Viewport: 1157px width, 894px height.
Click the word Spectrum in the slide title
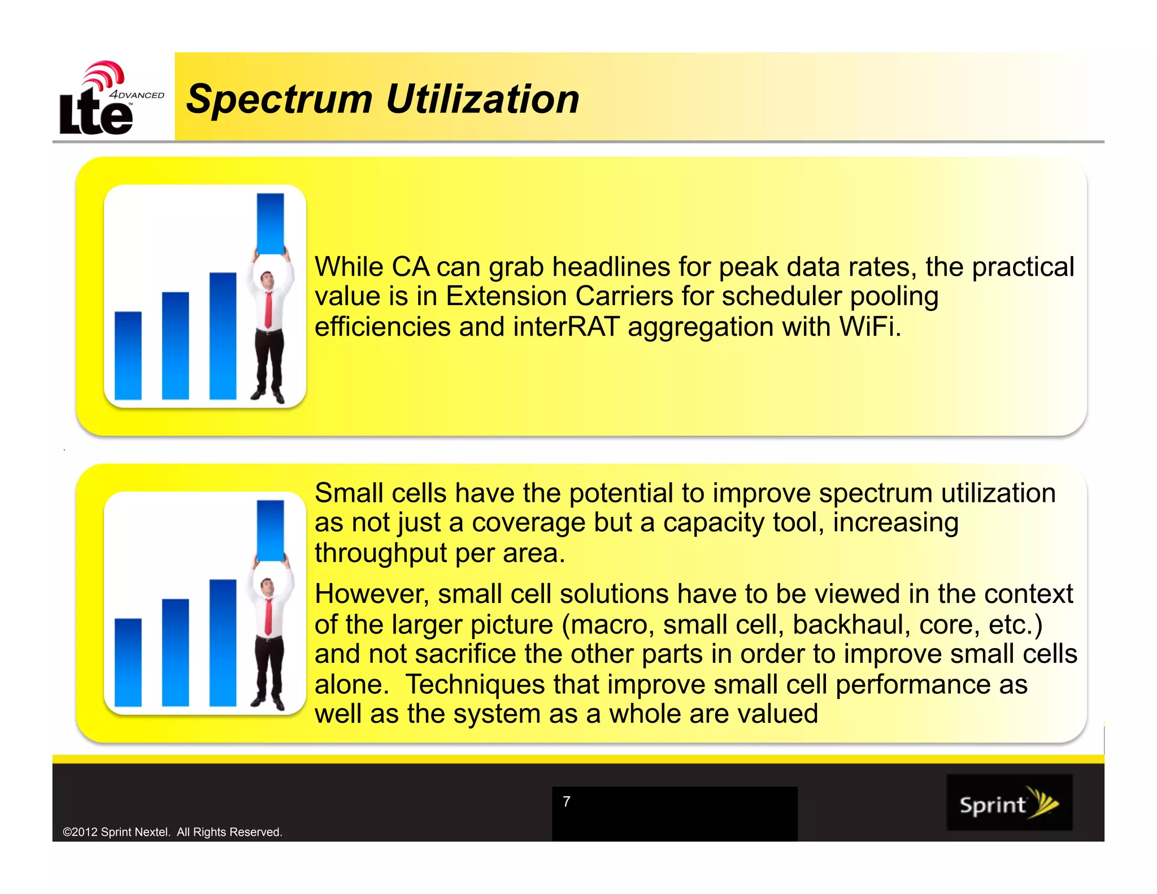pos(279,99)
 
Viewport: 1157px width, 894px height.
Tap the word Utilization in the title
pos(482,99)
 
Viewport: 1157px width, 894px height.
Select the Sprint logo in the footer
pos(1009,803)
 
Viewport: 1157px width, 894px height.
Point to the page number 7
pos(567,801)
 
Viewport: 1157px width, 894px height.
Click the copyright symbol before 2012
pos(67,832)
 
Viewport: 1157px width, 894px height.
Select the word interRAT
pos(566,327)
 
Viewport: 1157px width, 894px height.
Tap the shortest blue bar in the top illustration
pos(128,356)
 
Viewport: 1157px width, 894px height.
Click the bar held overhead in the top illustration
pos(271,223)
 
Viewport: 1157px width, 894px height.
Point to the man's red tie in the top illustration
pos(268,308)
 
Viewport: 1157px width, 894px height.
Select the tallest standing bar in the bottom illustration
pos(223,643)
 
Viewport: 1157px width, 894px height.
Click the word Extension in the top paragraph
pos(506,296)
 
